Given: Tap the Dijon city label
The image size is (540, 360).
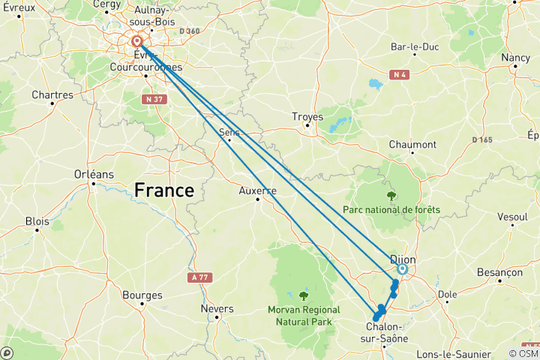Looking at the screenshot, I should [403, 259].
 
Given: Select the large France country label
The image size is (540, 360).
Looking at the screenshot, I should [163, 190].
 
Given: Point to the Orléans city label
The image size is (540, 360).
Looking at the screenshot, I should [94, 174].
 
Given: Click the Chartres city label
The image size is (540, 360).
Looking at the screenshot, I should [52, 95].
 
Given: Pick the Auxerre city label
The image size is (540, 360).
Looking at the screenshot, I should [257, 190].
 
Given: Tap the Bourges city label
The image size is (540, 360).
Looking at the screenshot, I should [142, 295].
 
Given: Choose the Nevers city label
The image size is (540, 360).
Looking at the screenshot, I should [217, 308].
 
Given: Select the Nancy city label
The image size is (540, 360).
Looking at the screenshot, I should [515, 58].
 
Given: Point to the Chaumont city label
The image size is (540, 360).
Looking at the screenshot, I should [412, 144].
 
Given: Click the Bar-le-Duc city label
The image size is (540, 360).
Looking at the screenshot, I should [414, 47].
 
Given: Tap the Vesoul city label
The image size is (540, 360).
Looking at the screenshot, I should [512, 217].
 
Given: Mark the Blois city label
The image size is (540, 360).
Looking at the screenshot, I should [37, 221].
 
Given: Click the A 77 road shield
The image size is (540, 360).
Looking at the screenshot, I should [198, 277].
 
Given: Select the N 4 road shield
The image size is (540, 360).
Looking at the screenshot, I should [400, 74].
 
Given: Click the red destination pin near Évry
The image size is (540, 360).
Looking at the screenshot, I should [137, 42].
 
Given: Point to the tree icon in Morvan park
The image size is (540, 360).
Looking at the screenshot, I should [303, 295].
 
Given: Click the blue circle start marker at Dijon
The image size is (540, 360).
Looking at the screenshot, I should [402, 269].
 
